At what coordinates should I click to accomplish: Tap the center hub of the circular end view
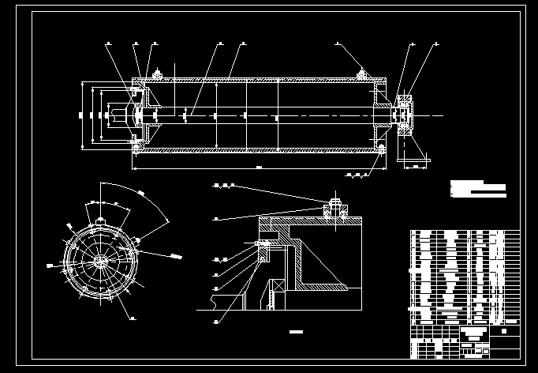tap(102, 261)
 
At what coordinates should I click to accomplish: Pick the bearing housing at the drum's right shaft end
tap(405, 115)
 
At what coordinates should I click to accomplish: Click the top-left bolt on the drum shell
tap(156, 76)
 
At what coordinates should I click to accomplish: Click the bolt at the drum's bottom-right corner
tap(382, 148)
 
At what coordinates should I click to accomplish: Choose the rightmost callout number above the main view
tap(435, 43)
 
